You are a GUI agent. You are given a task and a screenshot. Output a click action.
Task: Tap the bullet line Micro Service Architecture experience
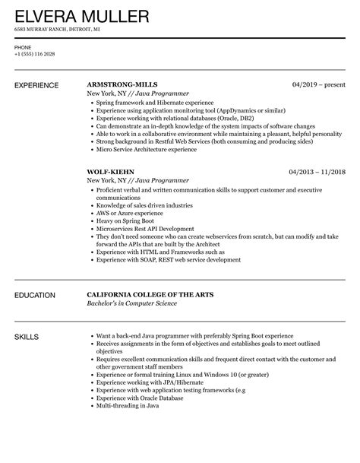pyautogui.click(x=146, y=150)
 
